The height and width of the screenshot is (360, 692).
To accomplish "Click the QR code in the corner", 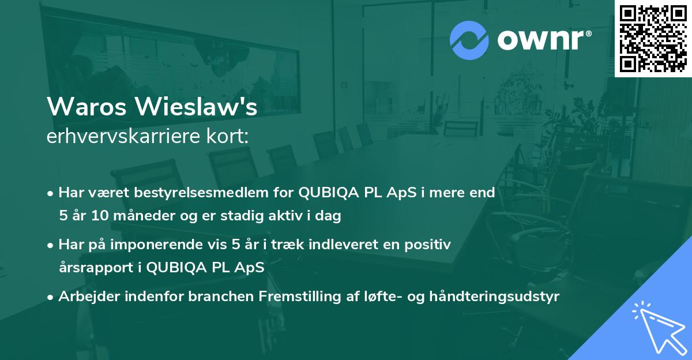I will point(653,38).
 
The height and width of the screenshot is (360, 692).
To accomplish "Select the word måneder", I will point(134,216).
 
